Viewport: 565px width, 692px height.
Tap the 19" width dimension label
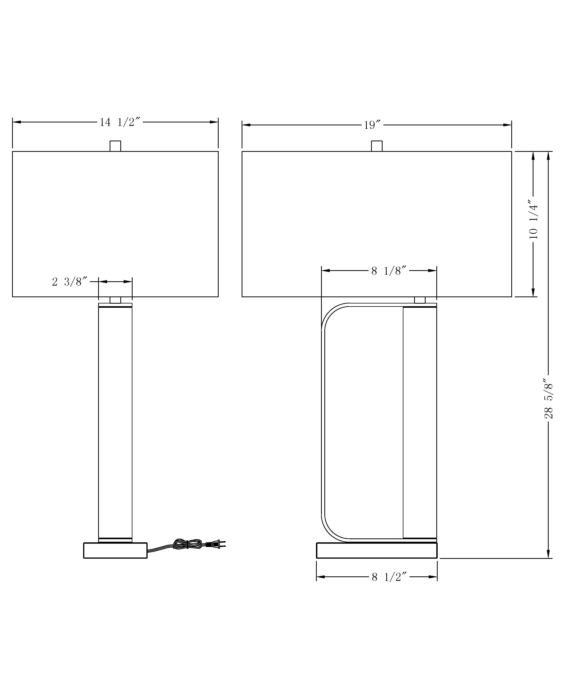click(x=372, y=125)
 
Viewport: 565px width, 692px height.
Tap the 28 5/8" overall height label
click(x=548, y=400)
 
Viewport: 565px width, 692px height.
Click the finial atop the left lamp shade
click(x=115, y=146)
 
